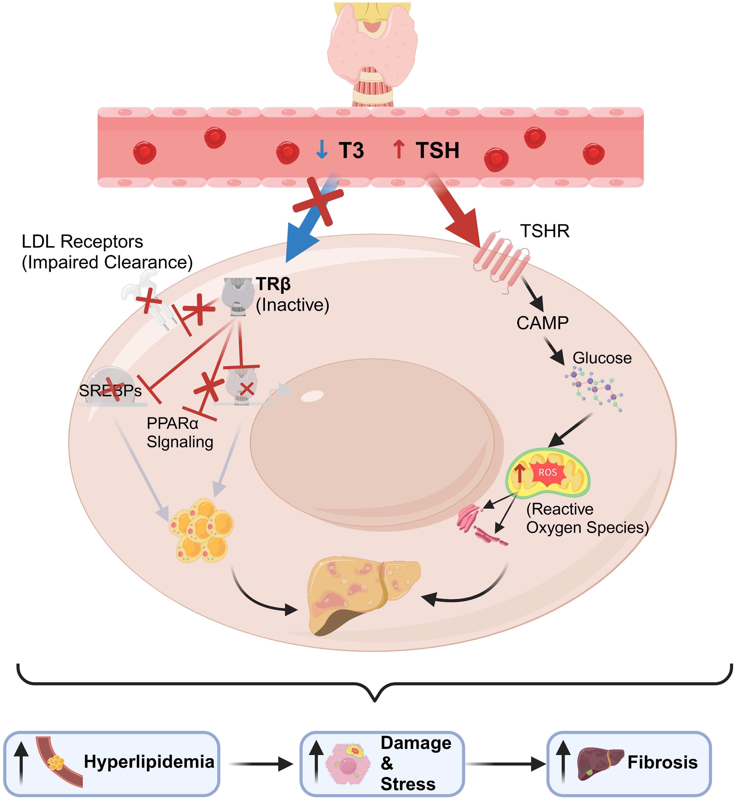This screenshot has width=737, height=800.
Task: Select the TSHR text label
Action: tap(544, 231)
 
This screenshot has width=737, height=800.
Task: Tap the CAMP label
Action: tap(542, 323)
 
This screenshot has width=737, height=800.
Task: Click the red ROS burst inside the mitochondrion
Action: tap(548, 473)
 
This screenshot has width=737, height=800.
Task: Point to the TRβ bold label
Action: tap(274, 284)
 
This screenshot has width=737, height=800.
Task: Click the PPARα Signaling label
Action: tap(180, 433)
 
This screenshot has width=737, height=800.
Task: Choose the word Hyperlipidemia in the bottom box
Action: tap(149, 762)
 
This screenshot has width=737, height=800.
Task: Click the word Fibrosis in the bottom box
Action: tap(662, 763)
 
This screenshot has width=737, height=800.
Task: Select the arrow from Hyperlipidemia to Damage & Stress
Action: tap(261, 764)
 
